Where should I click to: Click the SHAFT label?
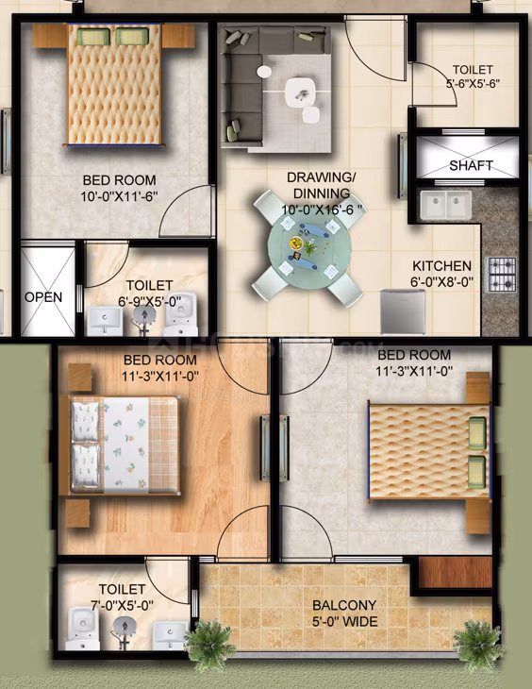coord(471,166)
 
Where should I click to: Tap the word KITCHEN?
coord(441,266)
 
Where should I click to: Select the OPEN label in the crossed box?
coord(43,297)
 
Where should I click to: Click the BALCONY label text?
coord(344,606)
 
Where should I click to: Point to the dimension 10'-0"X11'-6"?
coord(119,196)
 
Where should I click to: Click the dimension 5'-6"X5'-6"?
coord(474,83)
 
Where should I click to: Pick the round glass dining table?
coord(309,249)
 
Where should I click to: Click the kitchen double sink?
coord(445,205)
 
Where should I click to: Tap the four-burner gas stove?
coord(502,275)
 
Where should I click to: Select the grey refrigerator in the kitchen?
coord(403,311)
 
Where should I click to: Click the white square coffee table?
coord(301,92)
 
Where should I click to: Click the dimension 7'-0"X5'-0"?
coord(122,606)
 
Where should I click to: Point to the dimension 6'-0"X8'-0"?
coord(442,281)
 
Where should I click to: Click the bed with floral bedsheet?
coord(125,445)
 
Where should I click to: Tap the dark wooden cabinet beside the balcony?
coord(455,573)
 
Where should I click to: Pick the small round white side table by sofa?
coord(264,72)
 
